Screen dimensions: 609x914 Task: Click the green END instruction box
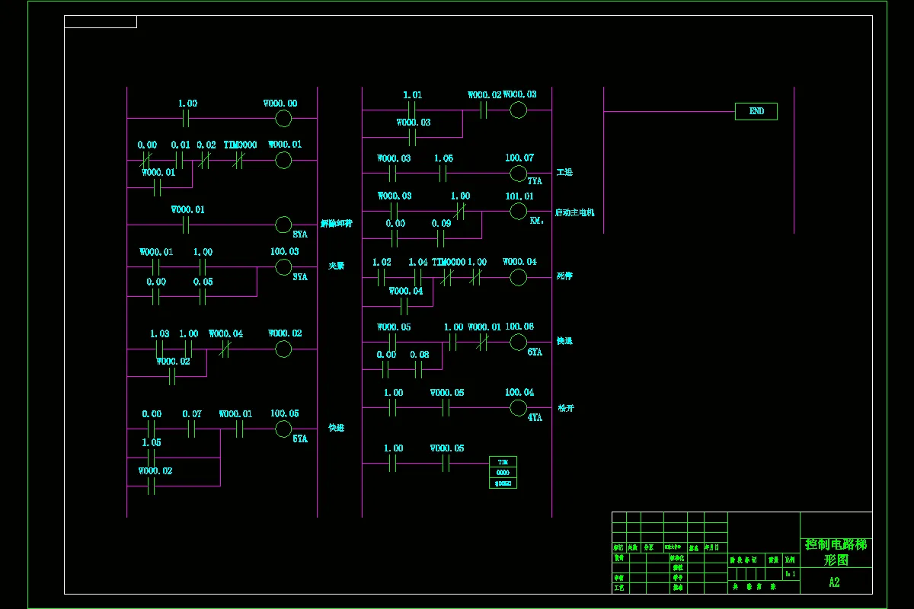(x=756, y=111)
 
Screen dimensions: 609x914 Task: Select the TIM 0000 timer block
(x=503, y=472)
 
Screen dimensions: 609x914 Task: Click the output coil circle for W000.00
(x=283, y=118)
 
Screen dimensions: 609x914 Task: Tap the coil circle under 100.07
(x=518, y=174)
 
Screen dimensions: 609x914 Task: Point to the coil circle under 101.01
(x=518, y=211)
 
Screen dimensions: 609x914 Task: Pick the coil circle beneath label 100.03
(x=283, y=266)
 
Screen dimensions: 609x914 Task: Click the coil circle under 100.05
(x=283, y=429)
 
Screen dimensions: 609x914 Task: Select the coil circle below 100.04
(x=518, y=408)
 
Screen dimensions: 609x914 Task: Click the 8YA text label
(x=300, y=234)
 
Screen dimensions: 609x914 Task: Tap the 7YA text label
(x=535, y=181)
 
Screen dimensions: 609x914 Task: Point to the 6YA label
(x=535, y=352)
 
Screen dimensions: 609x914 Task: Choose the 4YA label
(x=535, y=417)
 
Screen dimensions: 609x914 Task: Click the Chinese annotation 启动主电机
(x=575, y=212)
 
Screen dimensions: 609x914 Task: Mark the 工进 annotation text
(x=564, y=173)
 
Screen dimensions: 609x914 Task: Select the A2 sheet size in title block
(x=835, y=582)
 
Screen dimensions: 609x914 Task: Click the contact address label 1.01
(x=412, y=95)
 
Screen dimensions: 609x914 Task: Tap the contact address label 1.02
(x=382, y=262)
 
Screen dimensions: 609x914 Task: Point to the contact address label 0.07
(x=192, y=414)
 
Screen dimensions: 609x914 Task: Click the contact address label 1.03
(x=159, y=333)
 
